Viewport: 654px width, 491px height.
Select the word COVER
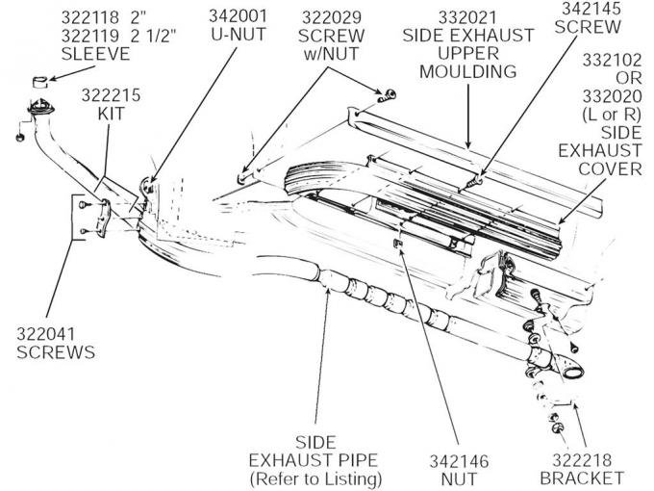pyautogui.click(x=611, y=168)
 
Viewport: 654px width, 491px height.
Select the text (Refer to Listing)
pyautogui.click(x=315, y=478)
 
